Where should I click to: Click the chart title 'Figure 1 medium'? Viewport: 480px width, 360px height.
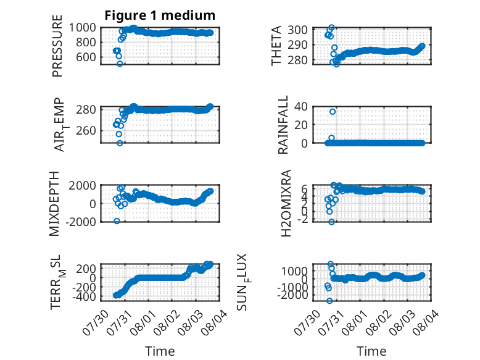coord(160,15)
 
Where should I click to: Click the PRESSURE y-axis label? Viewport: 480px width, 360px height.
coord(57,46)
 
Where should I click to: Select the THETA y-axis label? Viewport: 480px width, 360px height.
coord(276,46)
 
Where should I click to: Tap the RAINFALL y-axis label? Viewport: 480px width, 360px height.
coord(283,125)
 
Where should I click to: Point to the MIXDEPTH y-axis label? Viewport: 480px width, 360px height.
coord(54,204)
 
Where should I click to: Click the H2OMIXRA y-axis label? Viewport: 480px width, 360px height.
coord(286,203)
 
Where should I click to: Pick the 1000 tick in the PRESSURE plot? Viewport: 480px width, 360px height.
coord(82,28)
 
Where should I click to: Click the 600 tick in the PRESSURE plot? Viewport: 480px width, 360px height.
coord(86,57)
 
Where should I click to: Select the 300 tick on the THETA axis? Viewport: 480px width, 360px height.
coord(297,30)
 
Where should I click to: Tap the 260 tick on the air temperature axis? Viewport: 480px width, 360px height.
coord(86,130)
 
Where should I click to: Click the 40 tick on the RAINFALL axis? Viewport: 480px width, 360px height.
coord(300,107)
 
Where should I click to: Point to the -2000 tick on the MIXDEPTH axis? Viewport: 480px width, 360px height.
coord(81,222)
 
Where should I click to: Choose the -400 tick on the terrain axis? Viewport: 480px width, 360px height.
coord(84,296)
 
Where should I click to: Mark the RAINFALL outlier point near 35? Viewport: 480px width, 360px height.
coord(333,112)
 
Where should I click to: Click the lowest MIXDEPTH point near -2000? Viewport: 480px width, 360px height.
coord(117,221)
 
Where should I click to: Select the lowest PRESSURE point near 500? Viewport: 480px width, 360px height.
coord(120,64)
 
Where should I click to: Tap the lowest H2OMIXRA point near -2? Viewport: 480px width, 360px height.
coord(331,222)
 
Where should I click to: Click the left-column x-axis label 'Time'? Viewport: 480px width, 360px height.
coord(160,351)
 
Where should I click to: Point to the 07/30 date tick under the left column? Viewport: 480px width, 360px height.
coord(95,322)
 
